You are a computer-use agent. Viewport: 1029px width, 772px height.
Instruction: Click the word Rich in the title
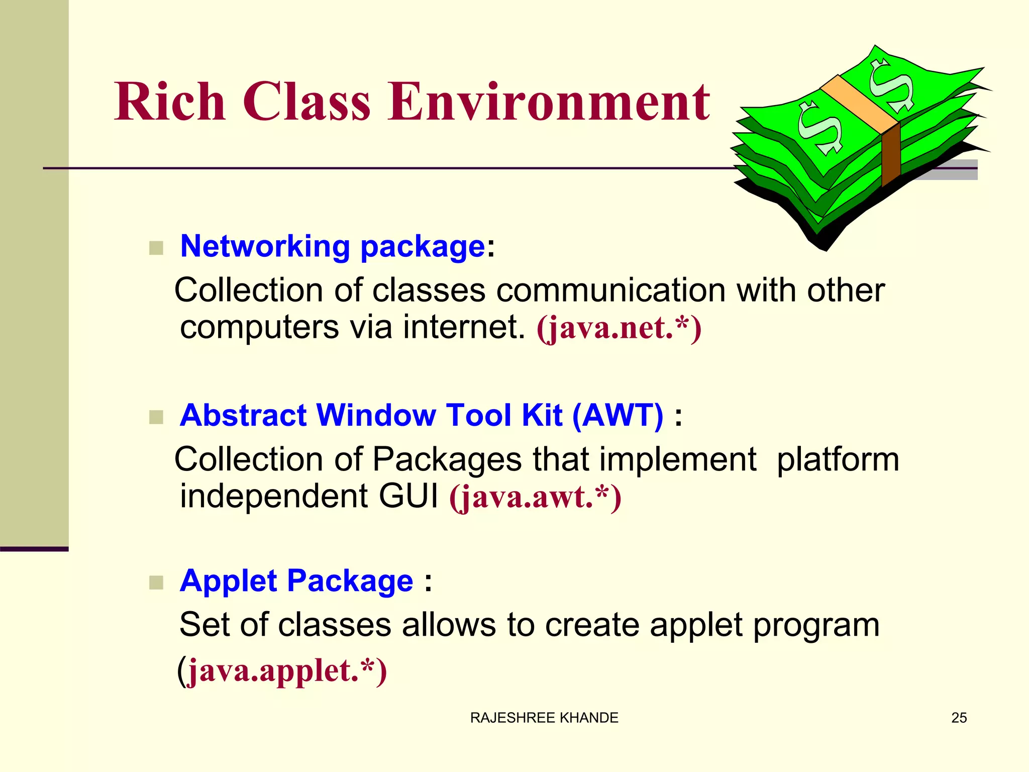point(170,102)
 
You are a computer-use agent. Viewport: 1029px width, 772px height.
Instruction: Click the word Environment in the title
point(548,102)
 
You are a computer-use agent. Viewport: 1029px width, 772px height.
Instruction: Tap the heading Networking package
point(332,246)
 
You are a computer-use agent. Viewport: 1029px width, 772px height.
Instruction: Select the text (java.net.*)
point(619,328)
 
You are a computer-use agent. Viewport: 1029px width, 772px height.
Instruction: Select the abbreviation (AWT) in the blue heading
point(618,415)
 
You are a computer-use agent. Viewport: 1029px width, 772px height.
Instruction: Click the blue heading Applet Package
point(296,581)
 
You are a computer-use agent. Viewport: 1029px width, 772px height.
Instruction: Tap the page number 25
point(959,718)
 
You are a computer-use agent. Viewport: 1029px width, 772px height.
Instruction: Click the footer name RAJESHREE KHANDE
point(544,718)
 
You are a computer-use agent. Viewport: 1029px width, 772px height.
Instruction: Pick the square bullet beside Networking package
point(156,248)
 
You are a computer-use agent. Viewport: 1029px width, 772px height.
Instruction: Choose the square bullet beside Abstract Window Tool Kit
point(156,417)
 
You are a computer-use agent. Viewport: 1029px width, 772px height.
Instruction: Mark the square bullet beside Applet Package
point(156,583)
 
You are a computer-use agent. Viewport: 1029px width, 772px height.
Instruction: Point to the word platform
point(838,459)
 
